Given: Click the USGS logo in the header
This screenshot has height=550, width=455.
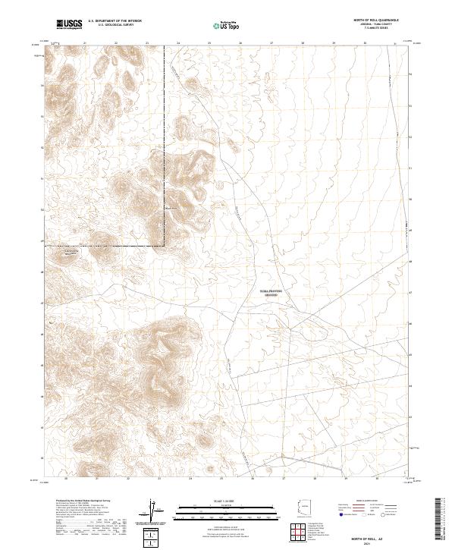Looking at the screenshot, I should click(x=69, y=24).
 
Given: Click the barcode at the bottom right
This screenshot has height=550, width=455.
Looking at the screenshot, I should click(x=444, y=520).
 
